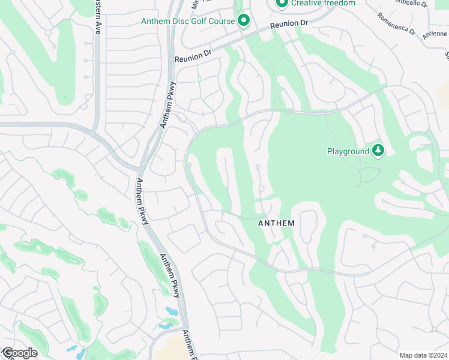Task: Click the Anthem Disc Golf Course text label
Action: pos(187,21)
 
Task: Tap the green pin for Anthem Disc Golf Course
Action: pos(243,21)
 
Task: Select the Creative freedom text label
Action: pos(323,3)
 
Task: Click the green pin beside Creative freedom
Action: pos(282,3)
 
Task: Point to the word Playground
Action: pos(348,151)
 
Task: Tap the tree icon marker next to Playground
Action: pos(378,150)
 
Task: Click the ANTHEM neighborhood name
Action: pos(276,223)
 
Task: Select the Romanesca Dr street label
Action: pos(396,23)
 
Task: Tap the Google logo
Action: pos(19,353)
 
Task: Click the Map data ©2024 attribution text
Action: pos(423,355)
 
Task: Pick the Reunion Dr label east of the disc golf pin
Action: pos(289,25)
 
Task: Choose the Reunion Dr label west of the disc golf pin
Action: pos(193,58)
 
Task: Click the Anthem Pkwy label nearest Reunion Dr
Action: pos(167,104)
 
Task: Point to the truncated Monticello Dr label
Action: pos(411,4)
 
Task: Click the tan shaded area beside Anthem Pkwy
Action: pos(171,348)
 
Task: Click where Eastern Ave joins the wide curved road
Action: pos(96,127)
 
